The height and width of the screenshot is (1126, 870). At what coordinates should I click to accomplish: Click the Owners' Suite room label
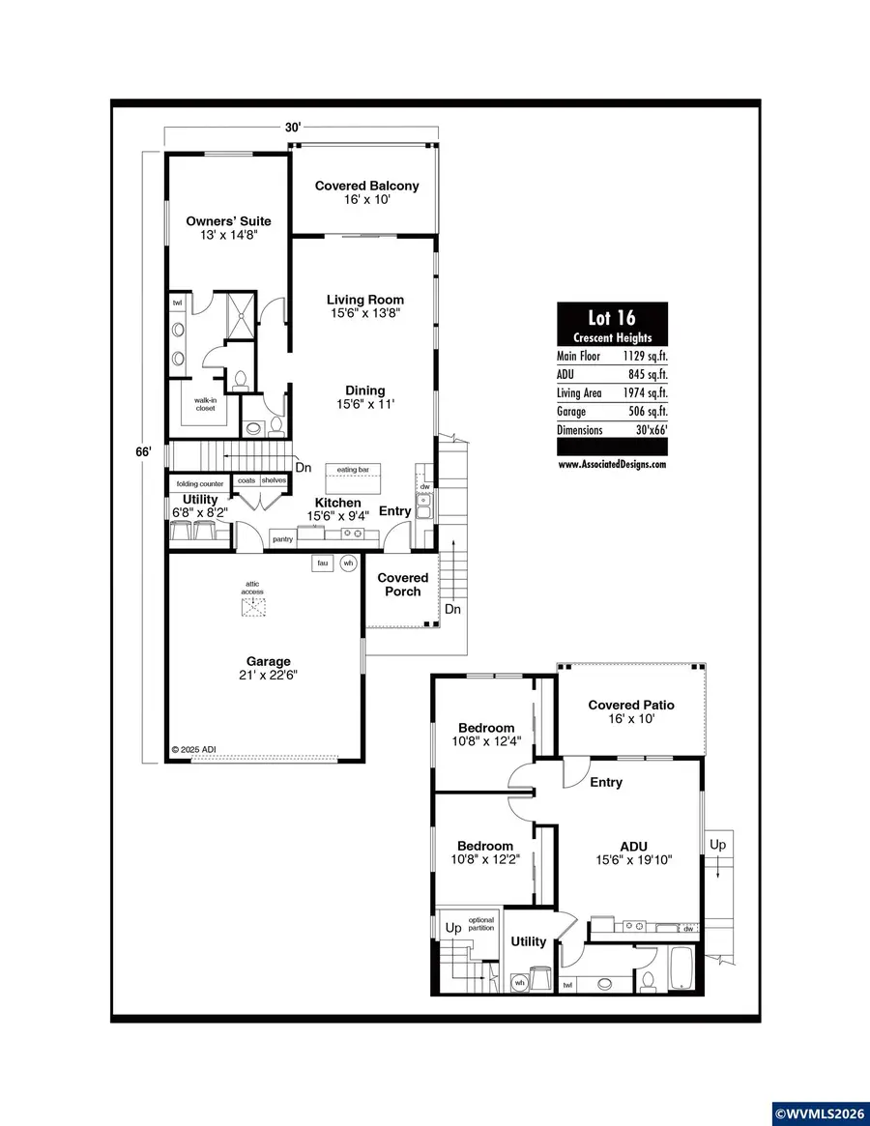(228, 221)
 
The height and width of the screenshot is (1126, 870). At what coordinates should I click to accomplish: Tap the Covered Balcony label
(366, 186)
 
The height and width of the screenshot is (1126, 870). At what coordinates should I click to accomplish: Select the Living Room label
(364, 300)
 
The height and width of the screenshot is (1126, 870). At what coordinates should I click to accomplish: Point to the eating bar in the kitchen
(353, 470)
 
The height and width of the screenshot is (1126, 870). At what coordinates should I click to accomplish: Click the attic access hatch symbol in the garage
(252, 607)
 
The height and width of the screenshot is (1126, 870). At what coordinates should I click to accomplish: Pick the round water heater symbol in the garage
(348, 563)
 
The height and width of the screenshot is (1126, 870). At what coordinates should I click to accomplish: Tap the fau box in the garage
(322, 563)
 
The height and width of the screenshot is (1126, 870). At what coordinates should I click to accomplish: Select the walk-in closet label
(205, 404)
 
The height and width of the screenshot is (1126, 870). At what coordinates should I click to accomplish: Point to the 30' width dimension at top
(293, 127)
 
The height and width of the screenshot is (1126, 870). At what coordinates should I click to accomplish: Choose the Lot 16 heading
(612, 318)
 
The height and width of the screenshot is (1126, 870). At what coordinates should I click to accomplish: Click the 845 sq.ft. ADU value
(644, 374)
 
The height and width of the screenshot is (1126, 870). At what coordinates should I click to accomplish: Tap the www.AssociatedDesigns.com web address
(612, 464)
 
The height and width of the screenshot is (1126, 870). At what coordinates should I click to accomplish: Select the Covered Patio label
(631, 705)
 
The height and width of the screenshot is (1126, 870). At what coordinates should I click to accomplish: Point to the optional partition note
(481, 923)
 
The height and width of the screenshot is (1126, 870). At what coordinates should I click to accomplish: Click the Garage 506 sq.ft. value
(644, 411)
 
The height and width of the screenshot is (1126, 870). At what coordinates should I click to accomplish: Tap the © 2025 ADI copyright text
(197, 749)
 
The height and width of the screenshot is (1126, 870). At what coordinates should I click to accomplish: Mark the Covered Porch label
(402, 584)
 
